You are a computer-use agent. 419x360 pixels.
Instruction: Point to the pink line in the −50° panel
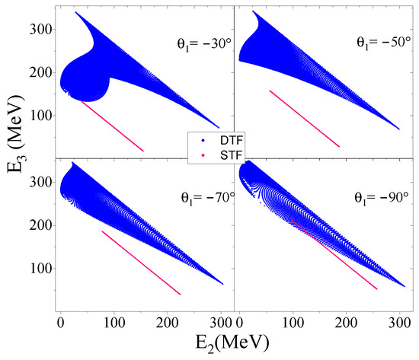point(305,118)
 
